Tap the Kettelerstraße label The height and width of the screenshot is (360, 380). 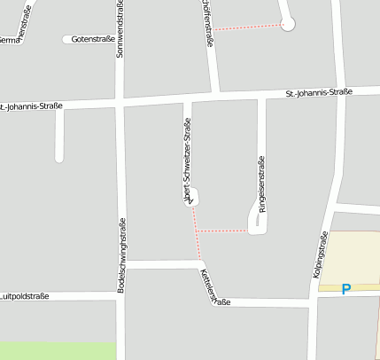click(214, 289)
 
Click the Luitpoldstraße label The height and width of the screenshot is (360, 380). click(24, 296)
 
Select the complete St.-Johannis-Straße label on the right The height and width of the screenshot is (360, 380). click(320, 92)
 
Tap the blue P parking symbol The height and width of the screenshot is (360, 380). click(346, 288)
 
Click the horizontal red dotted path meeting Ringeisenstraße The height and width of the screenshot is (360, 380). click(221, 231)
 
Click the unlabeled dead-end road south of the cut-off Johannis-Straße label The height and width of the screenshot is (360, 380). click(59, 135)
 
